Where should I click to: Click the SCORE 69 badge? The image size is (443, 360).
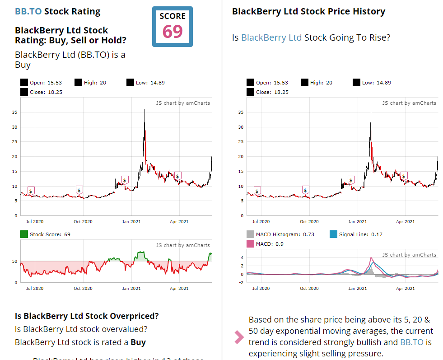click(172, 27)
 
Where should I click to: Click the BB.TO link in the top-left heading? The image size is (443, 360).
click(28, 11)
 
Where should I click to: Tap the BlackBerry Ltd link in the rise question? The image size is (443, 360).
click(271, 37)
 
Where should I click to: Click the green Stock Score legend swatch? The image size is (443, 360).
click(24, 234)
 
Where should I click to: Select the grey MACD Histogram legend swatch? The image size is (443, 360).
click(250, 234)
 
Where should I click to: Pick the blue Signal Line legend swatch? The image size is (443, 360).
click(333, 234)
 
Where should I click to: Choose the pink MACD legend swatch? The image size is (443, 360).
click(250, 244)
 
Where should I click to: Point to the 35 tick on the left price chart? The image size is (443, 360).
click(14, 112)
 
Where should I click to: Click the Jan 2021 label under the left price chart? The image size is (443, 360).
click(132, 222)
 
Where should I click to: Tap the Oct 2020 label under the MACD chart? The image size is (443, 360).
click(309, 288)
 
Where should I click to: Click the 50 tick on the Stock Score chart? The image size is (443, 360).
click(15, 262)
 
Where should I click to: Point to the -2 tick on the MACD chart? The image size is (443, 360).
click(241, 283)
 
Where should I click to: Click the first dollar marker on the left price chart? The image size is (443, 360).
click(31, 191)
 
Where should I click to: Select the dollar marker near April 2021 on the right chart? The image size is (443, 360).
click(404, 175)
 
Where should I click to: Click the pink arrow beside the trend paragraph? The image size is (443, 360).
click(239, 337)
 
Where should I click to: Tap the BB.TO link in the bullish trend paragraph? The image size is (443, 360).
click(412, 342)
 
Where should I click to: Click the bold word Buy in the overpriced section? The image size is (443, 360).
click(138, 342)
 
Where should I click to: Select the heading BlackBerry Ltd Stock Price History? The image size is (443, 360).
click(308, 11)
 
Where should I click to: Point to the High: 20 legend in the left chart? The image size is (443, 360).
click(95, 83)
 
